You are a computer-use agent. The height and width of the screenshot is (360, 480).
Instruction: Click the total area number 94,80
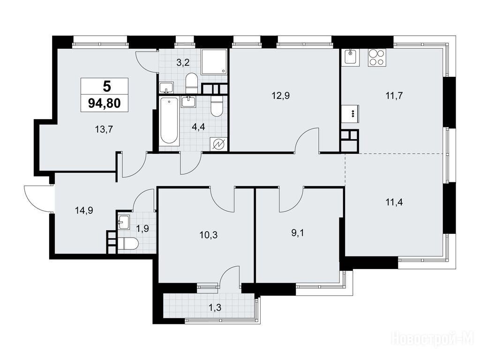click(105, 104)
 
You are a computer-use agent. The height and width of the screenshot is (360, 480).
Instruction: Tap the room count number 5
click(106, 87)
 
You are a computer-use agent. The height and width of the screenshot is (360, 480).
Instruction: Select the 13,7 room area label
click(104, 129)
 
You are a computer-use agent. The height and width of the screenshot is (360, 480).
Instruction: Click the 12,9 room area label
click(281, 96)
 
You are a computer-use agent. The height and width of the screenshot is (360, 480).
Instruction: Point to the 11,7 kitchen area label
click(394, 96)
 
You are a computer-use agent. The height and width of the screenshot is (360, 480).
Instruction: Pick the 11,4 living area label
click(394, 202)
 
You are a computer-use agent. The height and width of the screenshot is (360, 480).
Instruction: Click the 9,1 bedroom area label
click(298, 233)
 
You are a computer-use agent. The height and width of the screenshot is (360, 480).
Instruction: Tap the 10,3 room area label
click(209, 235)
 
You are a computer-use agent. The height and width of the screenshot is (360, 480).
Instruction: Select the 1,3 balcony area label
click(215, 307)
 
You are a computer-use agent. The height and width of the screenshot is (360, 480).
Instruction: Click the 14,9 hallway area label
click(84, 210)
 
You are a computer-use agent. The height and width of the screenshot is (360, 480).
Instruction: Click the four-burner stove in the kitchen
click(377, 58)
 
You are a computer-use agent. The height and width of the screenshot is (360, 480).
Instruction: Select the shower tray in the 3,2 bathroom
click(214, 61)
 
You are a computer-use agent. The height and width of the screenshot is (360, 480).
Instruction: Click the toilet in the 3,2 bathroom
click(192, 82)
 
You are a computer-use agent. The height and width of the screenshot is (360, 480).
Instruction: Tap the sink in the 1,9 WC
click(124, 221)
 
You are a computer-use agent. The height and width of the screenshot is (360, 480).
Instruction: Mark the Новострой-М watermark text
click(435, 340)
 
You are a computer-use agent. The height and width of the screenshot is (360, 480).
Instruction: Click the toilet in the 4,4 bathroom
click(217, 106)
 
